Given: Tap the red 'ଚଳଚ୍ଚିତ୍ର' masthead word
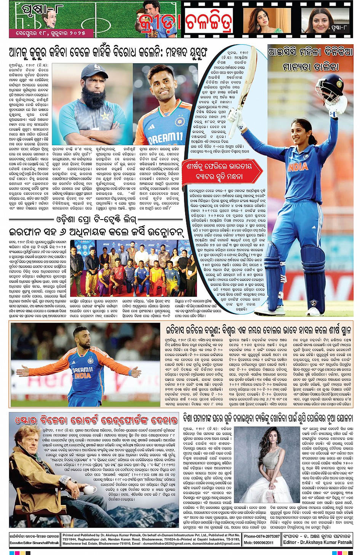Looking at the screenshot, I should [x=209, y=21].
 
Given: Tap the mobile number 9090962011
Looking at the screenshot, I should [x=260, y=542].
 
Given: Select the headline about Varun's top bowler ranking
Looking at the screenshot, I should [x=258, y=330].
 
